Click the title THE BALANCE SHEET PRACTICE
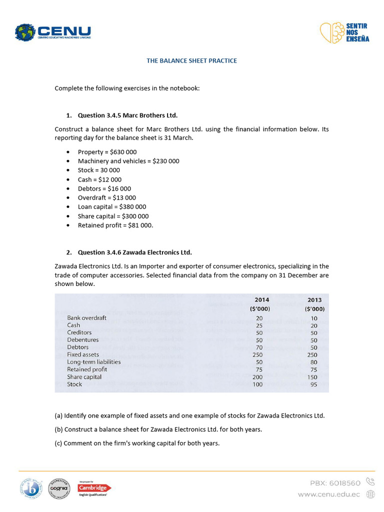(x=191, y=60)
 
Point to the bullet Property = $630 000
(x=107, y=152)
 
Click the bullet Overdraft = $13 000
(x=106, y=197)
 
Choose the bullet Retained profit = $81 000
(x=115, y=225)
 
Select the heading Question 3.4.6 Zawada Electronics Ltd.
(x=134, y=252)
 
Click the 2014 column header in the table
(x=262, y=300)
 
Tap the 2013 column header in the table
(x=315, y=300)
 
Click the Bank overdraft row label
(x=86, y=317)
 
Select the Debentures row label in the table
(x=82, y=340)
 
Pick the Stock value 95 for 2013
(x=314, y=384)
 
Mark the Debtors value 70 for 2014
(x=259, y=347)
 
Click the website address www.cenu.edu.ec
(x=328, y=494)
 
